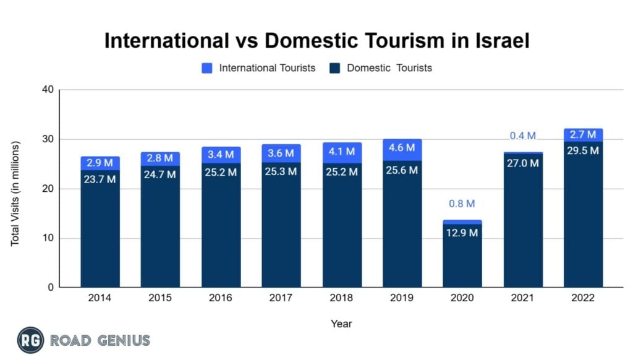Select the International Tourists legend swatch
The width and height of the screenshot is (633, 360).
point(208,68)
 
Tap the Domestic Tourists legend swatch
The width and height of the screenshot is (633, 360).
point(335,68)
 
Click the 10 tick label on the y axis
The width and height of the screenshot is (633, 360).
point(48,238)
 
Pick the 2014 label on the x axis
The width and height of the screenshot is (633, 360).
point(100,298)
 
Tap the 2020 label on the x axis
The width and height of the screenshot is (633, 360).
point(462,298)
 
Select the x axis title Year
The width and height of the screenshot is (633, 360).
point(341,324)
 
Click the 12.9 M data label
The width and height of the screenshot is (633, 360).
point(462,233)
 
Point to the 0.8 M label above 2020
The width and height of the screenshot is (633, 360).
point(462,204)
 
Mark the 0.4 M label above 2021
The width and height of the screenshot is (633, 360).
point(523,136)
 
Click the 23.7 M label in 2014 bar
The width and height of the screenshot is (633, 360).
point(100,180)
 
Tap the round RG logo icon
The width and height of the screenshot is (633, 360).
point(31,340)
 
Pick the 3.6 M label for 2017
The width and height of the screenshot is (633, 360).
point(281,153)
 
